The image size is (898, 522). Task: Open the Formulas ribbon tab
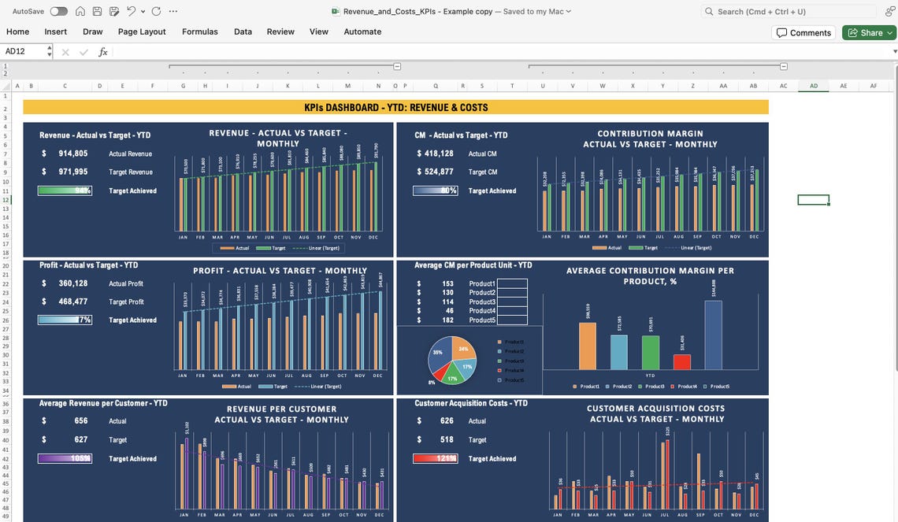pos(199,31)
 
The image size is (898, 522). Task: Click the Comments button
pos(803,32)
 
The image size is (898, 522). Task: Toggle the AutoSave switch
pos(58,11)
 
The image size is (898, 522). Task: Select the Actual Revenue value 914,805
pos(72,154)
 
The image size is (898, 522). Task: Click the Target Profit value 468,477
pos(72,302)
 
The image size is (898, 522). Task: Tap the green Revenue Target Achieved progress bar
pos(65,191)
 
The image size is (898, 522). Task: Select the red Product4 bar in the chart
pos(681,361)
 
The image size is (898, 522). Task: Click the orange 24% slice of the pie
pos(462,349)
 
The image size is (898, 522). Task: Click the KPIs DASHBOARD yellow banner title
pos(395,107)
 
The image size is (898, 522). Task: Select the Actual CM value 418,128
pos(439,154)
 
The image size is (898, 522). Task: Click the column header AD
pos(813,86)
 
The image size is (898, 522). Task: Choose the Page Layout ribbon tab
pos(142,31)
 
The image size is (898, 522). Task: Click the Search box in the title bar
pos(789,11)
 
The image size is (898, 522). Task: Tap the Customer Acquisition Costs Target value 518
pos(447,440)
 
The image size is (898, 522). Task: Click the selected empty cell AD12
pos(813,200)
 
